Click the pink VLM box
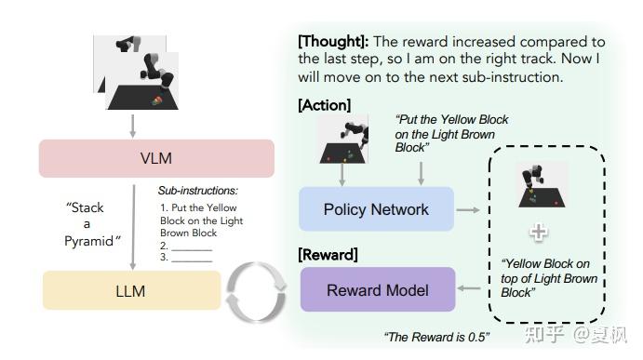[156, 158]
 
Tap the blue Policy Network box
[376, 209]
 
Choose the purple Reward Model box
[377, 290]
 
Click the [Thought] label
[330, 42]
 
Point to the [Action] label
[325, 106]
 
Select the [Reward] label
[328, 254]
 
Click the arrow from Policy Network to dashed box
[471, 210]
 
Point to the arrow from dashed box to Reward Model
[472, 290]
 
